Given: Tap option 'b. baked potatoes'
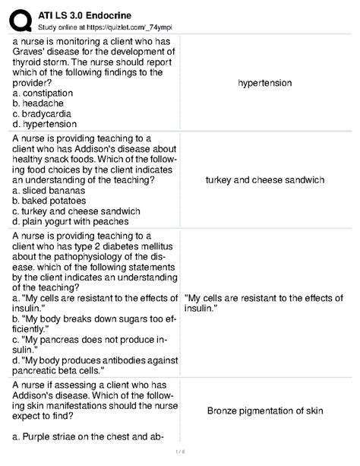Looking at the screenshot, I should (x=55, y=201).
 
